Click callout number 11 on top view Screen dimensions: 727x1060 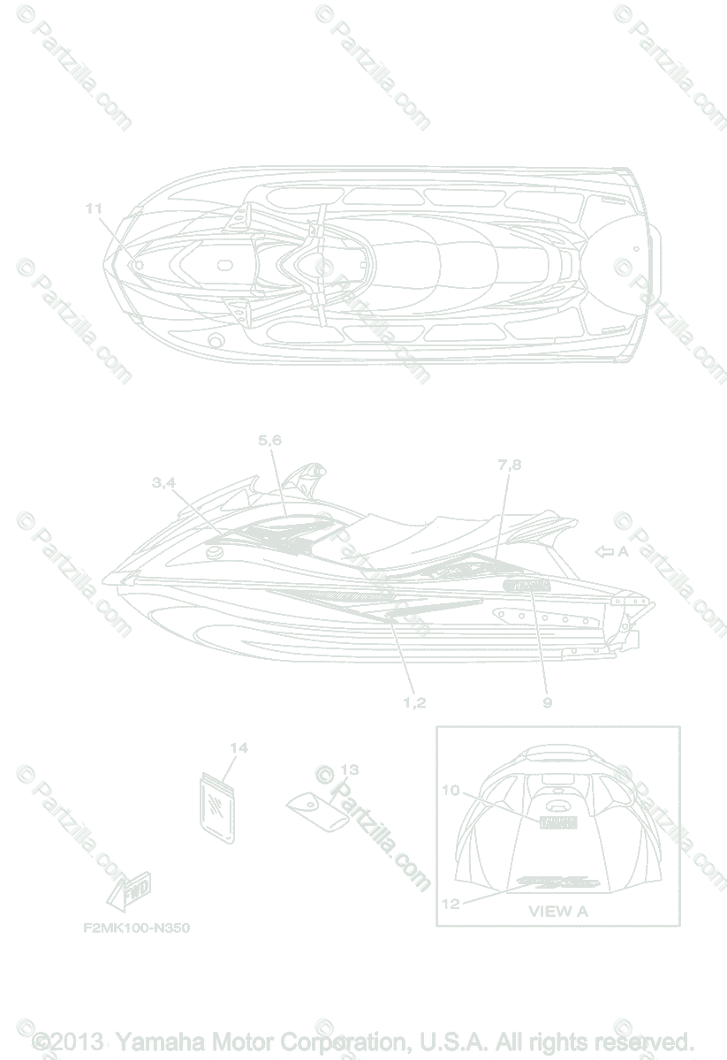tap(95, 208)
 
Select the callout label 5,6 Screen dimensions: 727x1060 tap(270, 439)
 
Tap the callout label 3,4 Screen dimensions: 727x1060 tap(163, 482)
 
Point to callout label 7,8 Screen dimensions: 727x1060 tap(510, 465)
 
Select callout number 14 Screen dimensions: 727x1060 tap(238, 748)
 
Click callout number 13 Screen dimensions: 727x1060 tap(349, 768)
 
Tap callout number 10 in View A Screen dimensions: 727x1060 tap(451, 791)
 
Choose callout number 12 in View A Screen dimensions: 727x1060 tap(451, 903)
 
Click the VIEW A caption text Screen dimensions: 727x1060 tap(557, 911)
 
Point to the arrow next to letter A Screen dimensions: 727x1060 tap(605, 552)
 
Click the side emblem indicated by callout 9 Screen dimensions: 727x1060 tap(526, 587)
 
